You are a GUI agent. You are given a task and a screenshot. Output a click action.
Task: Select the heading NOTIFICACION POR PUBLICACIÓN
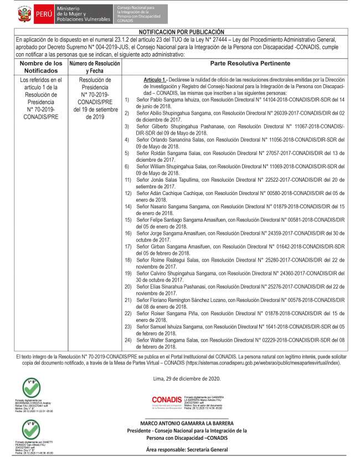(x=181, y=32)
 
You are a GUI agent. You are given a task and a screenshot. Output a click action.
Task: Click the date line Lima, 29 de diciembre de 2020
(x=186, y=378)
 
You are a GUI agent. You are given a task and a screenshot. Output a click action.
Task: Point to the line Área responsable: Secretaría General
(x=191, y=450)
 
